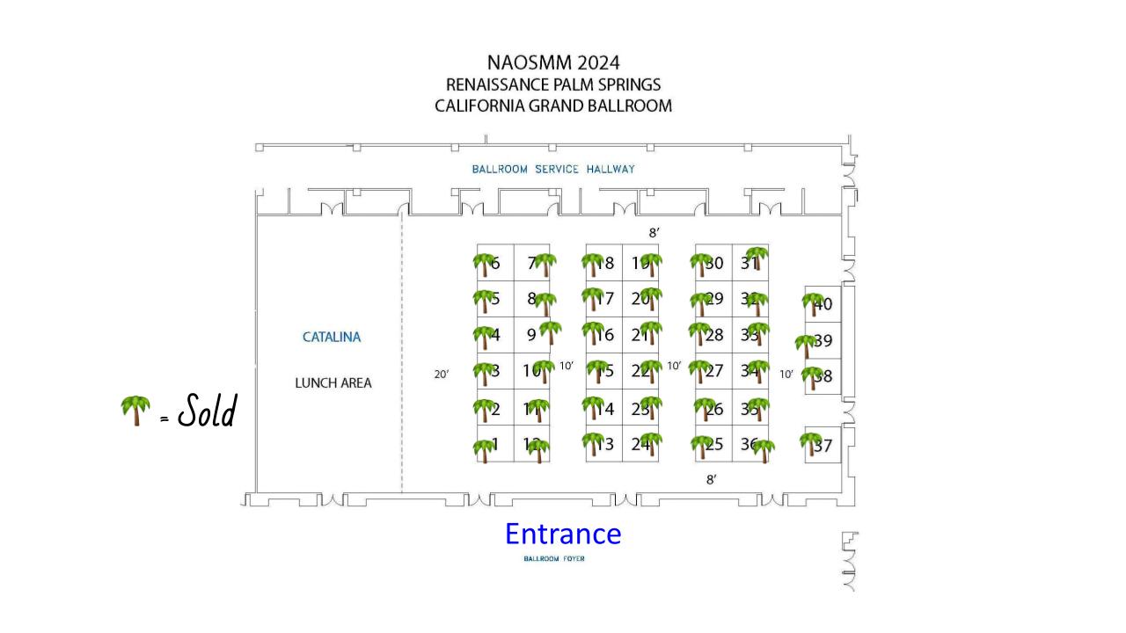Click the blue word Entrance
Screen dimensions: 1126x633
click(562, 534)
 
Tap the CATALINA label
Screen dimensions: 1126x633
click(332, 337)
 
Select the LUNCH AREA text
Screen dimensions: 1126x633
click(333, 383)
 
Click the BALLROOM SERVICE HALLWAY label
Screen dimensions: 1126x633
click(552, 169)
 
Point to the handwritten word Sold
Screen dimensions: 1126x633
click(208, 411)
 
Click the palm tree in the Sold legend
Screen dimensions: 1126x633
click(135, 410)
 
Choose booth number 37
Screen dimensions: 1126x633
click(823, 446)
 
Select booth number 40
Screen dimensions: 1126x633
click(823, 305)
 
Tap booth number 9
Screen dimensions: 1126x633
click(531, 334)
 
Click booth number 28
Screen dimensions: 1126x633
click(714, 334)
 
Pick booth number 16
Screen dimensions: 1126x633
click(605, 334)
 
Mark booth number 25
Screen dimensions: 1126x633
click(714, 445)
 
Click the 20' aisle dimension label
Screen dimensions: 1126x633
click(442, 375)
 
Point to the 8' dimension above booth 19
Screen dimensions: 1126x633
click(654, 232)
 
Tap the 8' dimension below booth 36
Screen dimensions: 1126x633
click(711, 479)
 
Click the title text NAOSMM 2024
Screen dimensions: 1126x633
click(553, 63)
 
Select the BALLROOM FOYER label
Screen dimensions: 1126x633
click(553, 559)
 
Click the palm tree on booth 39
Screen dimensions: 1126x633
click(805, 345)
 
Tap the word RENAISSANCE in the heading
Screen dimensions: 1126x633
click(499, 84)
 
